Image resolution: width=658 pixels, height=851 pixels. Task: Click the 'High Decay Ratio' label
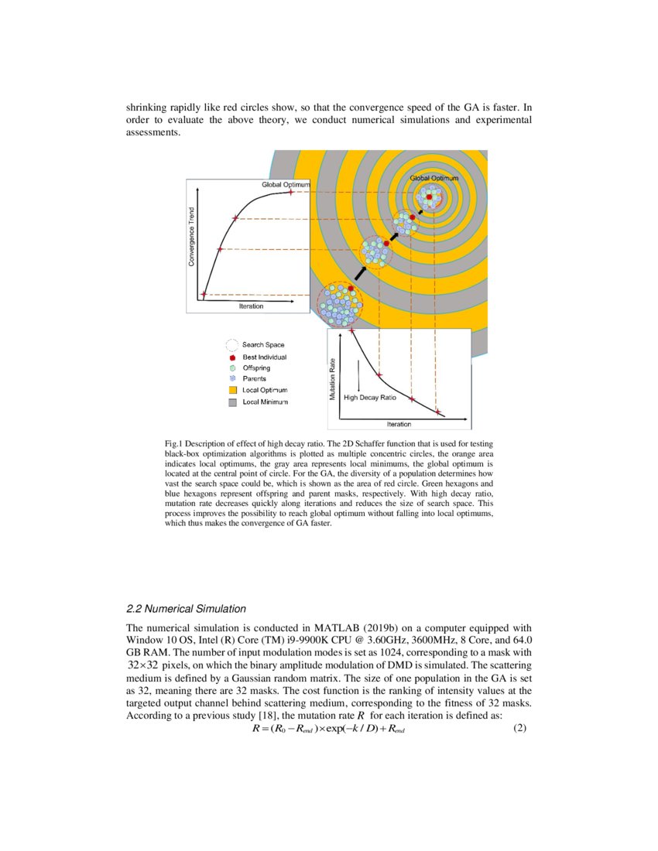(369, 397)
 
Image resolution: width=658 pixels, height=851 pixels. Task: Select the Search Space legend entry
(262, 344)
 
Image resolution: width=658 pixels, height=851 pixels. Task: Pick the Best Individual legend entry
(264, 357)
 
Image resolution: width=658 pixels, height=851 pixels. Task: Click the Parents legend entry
(254, 379)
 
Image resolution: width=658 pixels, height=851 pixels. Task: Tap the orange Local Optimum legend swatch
(232, 390)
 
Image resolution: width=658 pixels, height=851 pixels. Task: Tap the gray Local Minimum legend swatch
(232, 402)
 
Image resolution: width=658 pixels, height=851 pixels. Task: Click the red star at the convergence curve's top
(290, 191)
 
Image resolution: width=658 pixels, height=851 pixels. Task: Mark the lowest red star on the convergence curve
(204, 294)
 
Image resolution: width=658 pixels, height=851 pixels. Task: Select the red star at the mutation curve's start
(352, 331)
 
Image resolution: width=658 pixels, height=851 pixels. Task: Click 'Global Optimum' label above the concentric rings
(434, 178)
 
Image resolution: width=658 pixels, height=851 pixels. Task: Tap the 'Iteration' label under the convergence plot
(251, 306)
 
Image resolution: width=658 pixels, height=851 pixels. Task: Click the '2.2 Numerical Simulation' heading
(185, 609)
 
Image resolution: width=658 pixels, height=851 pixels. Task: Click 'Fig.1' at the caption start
(174, 443)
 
